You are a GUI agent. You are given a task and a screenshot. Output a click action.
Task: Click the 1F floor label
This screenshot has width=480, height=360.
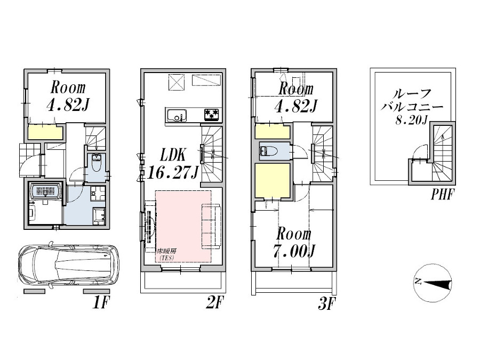(100, 303)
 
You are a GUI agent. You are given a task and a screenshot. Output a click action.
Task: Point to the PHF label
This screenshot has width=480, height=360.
(442, 194)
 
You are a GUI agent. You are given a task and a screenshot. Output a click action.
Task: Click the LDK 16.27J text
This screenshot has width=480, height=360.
(173, 164)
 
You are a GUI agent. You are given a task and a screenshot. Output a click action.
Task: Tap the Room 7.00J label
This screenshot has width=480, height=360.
(294, 243)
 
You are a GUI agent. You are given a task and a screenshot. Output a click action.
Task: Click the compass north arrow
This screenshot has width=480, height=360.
(433, 283)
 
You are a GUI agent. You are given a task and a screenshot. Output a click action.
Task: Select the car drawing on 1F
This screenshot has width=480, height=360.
(69, 264)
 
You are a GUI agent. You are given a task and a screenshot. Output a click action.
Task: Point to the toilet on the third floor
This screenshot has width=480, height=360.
(268, 151)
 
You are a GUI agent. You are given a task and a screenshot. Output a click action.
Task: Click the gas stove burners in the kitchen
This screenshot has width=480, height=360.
(212, 115)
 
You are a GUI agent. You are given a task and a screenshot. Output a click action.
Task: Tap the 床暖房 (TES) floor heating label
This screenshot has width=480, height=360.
(166, 254)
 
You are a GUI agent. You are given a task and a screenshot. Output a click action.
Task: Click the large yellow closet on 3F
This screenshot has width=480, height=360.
(273, 181)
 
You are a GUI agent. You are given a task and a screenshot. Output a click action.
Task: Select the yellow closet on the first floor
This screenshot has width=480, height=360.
(46, 132)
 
